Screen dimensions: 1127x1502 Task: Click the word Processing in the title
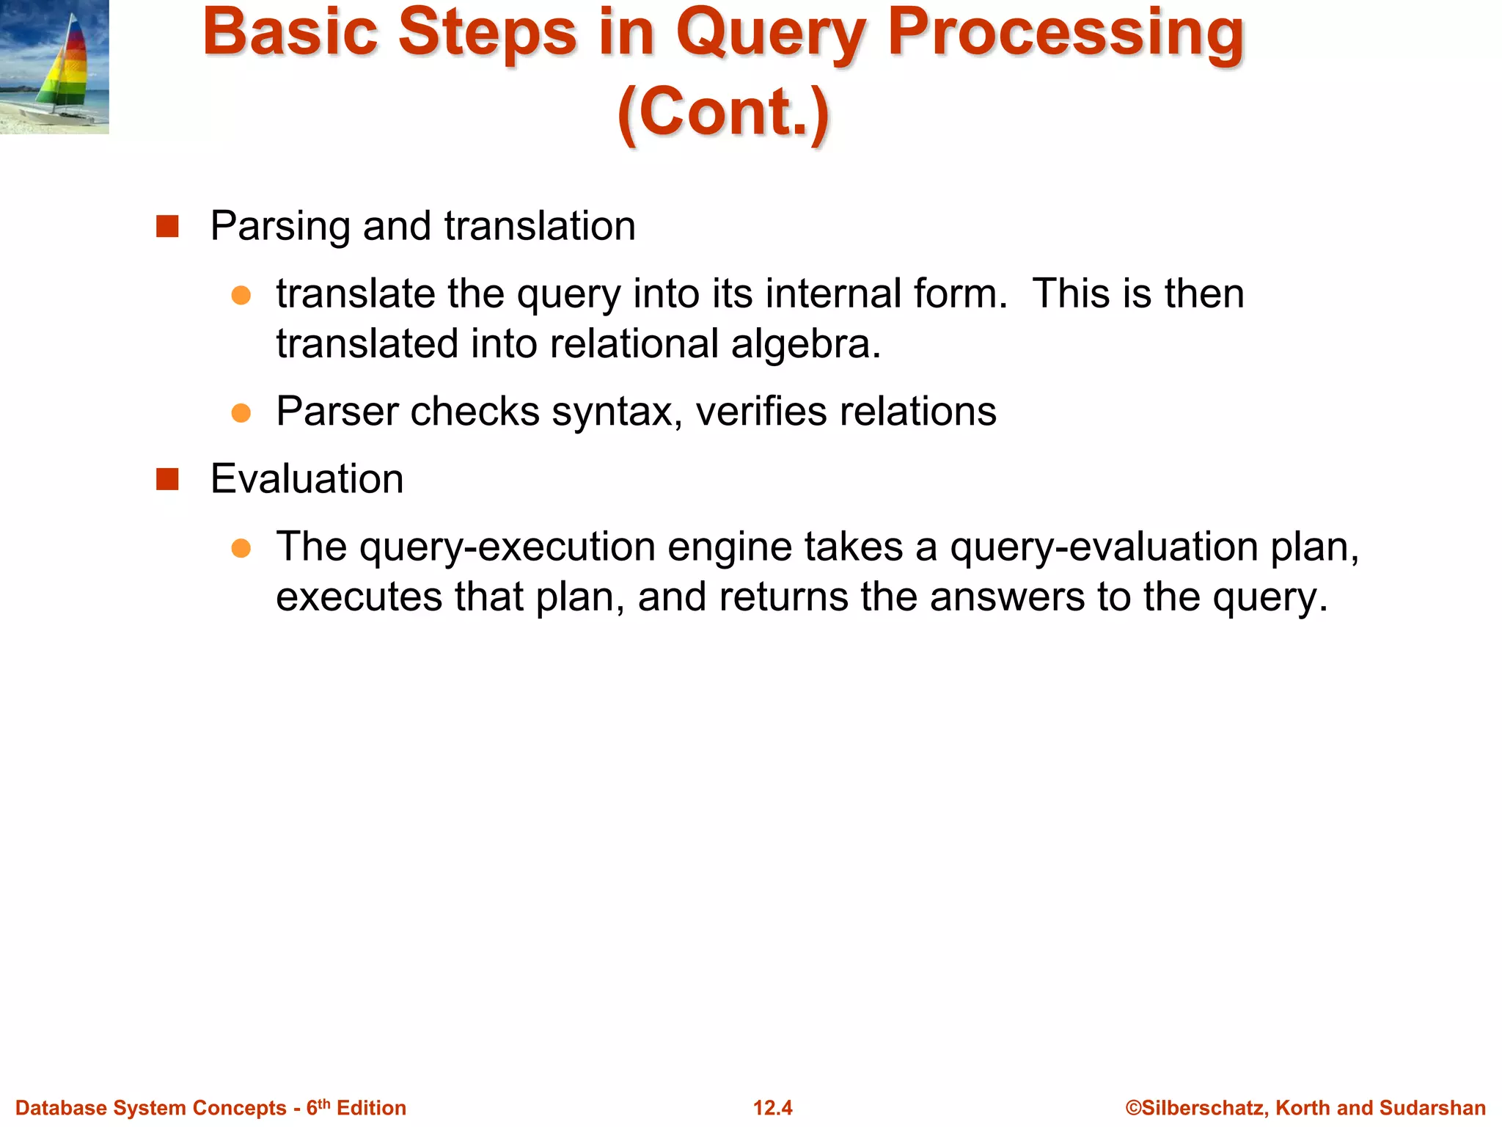point(1066,35)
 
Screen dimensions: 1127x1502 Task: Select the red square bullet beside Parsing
point(167,226)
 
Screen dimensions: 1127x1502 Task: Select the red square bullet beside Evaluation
point(167,479)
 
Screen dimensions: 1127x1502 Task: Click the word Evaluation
point(307,479)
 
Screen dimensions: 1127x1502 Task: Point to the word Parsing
point(280,226)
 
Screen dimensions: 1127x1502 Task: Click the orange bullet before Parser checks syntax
point(241,412)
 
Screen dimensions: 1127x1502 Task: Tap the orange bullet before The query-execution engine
point(241,548)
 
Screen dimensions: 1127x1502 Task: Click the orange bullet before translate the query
point(241,295)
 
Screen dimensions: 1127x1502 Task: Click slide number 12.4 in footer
point(772,1108)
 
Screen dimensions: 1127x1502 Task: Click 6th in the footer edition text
point(318,1107)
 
